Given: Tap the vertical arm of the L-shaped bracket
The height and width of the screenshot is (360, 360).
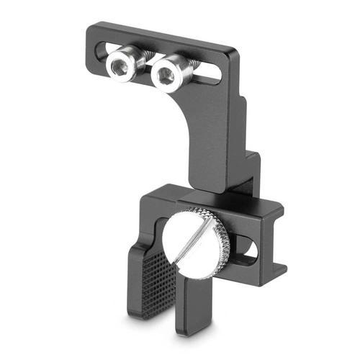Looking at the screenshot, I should tap(216, 144).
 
